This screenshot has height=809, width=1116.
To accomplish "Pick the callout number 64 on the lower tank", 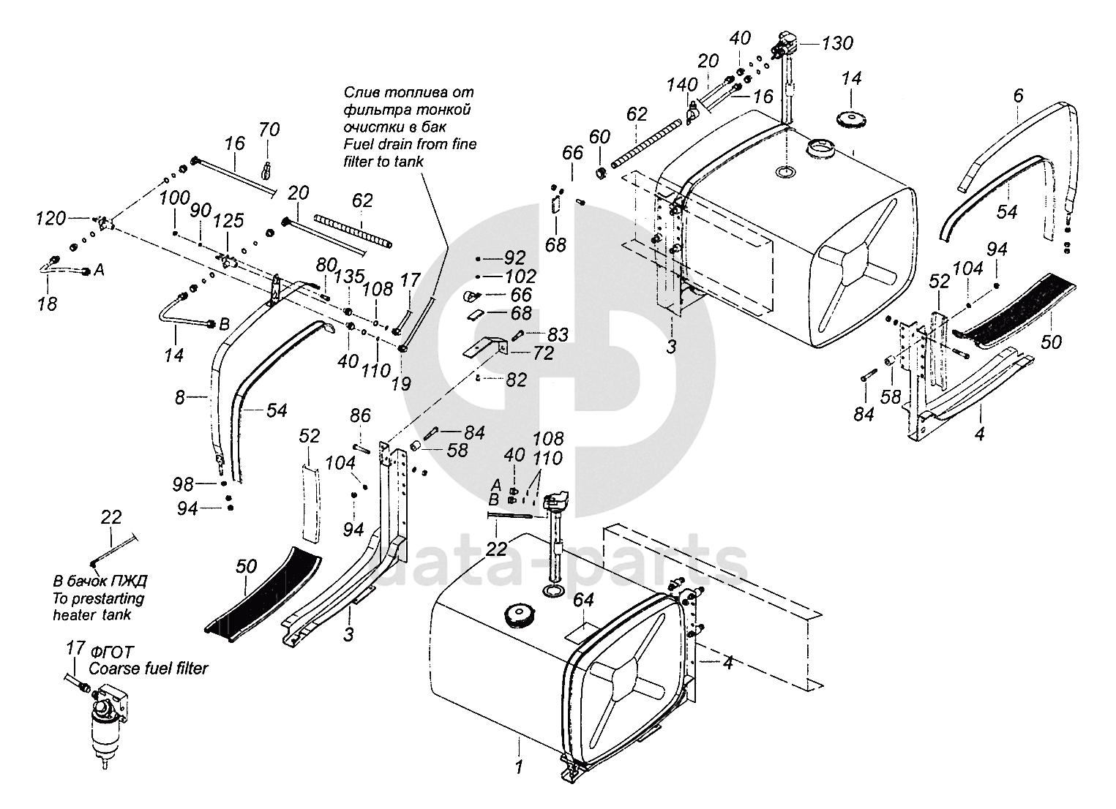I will tap(583, 600).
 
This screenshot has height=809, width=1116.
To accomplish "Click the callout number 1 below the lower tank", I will tap(519, 767).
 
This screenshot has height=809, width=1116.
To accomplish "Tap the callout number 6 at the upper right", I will tap(1018, 95).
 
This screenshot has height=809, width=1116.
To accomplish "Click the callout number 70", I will tap(269, 130).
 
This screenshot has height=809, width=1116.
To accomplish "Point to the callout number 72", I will tap(544, 353).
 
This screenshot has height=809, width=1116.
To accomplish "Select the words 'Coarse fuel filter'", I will tap(149, 668).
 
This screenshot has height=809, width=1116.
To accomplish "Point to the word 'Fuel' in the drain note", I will tap(359, 144).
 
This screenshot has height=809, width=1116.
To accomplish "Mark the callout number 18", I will tap(47, 303).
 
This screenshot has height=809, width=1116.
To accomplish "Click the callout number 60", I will tap(599, 137).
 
